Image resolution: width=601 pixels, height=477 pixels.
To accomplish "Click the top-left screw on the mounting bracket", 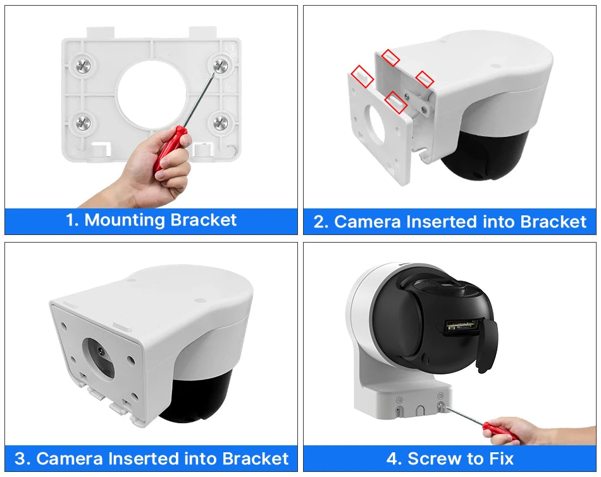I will click(84, 65).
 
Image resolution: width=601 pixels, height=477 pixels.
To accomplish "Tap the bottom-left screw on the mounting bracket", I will click(84, 122).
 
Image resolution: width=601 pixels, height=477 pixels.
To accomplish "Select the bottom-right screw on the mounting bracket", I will click(221, 122).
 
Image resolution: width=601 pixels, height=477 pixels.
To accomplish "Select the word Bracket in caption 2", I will click(554, 222).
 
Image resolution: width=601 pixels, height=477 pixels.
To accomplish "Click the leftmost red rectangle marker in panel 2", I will click(362, 76).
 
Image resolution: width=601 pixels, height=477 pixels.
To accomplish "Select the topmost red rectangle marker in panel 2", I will click(390, 58).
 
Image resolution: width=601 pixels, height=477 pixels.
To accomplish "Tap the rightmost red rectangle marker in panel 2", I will click(424, 79).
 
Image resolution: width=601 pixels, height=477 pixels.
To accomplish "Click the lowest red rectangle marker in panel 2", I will click(395, 102).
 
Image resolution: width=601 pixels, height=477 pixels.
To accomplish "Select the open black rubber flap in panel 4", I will click(487, 345).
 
